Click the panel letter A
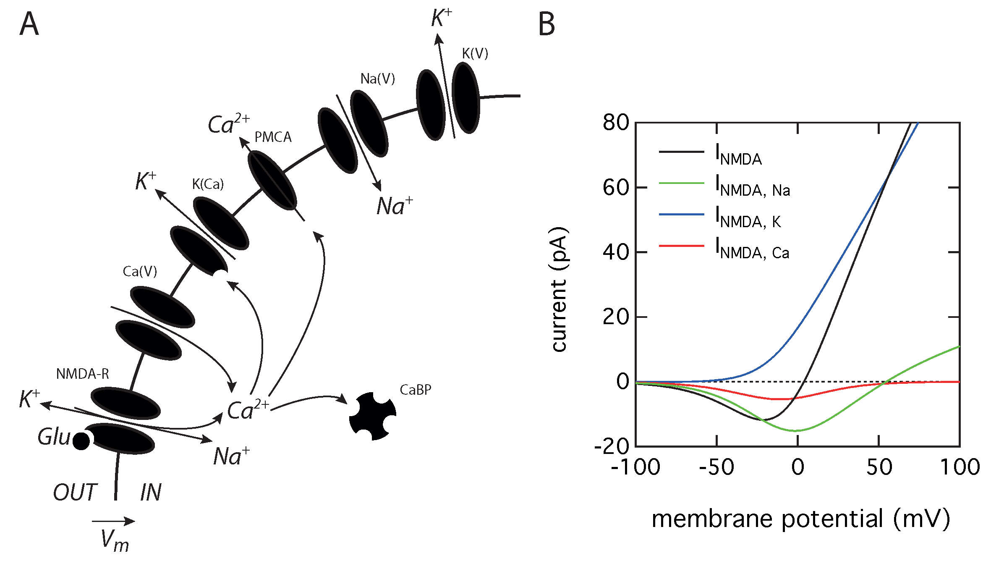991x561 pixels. click(29, 24)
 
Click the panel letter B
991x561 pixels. click(546, 24)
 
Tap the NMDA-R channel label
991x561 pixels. click(83, 374)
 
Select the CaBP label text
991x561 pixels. click(416, 390)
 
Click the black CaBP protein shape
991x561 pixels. click(372, 416)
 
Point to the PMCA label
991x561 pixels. click(273, 137)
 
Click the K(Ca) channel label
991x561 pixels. click(208, 184)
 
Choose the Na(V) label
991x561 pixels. click(378, 79)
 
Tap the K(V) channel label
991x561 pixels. click(475, 54)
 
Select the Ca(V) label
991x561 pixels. click(140, 272)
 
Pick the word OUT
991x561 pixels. click(75, 492)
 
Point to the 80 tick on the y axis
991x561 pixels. click(616, 123)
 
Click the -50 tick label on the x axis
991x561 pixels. click(716, 467)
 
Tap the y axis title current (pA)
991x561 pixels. click(559, 289)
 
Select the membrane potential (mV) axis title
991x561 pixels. click(800, 519)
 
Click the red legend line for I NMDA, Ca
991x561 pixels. click(681, 246)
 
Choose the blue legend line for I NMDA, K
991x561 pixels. click(681, 215)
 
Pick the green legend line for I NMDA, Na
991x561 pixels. click(681, 183)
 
